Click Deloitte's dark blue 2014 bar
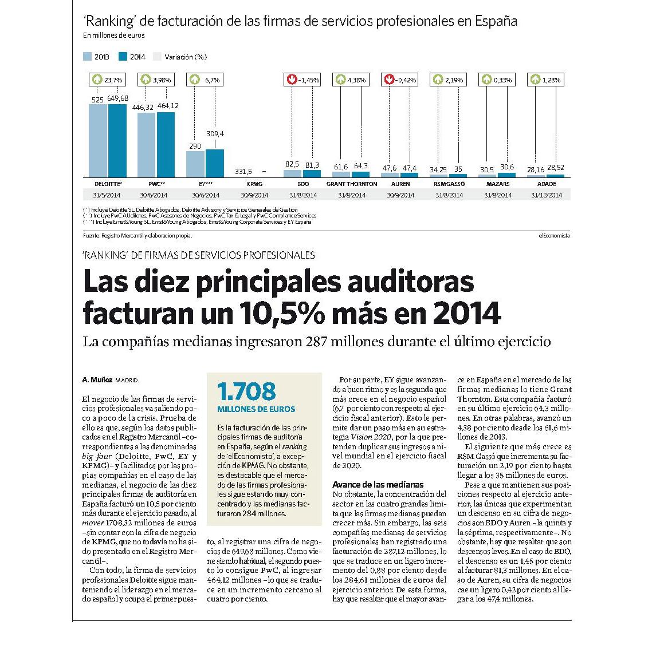pyautogui.click(x=117, y=141)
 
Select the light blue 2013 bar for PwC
pyautogui.click(x=147, y=145)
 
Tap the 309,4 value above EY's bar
pyautogui.click(x=215, y=134)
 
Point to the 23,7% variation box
pyautogui.click(x=107, y=80)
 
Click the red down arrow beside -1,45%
pyautogui.click(x=292, y=80)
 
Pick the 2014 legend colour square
pyautogui.click(x=123, y=57)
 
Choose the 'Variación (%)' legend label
pyautogui.click(x=186, y=57)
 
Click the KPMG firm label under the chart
pyautogui.click(x=254, y=184)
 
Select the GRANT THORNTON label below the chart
pyautogui.click(x=352, y=184)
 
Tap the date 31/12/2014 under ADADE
pyautogui.click(x=547, y=195)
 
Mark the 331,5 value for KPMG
pyautogui.click(x=243, y=172)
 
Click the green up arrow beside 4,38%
pyautogui.click(x=340, y=80)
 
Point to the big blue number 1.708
pyautogui.click(x=247, y=391)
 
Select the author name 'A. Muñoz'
pyautogui.click(x=97, y=380)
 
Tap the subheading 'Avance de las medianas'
pyautogui.click(x=378, y=485)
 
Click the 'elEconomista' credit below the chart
pyautogui.click(x=554, y=236)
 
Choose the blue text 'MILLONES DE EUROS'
pyautogui.click(x=256, y=409)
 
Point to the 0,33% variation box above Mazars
pyautogui.click(x=497, y=80)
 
